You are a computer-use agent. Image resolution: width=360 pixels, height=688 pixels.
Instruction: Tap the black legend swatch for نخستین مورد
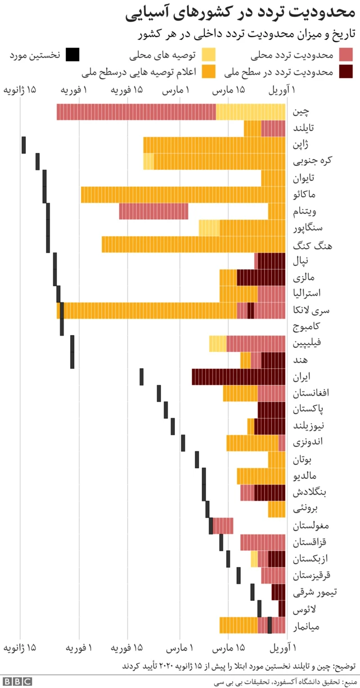73,55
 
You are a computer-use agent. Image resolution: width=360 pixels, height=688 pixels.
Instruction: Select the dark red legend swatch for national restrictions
345,71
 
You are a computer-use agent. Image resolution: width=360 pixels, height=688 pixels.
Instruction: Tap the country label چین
300,112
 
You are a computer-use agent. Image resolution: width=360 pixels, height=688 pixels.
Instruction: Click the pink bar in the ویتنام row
154,211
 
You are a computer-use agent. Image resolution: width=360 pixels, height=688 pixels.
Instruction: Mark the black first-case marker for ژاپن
24,144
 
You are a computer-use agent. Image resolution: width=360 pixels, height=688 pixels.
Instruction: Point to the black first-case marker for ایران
142,376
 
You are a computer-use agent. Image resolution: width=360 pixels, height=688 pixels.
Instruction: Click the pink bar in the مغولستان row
223,526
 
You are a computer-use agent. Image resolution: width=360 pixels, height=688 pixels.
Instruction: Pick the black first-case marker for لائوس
259,609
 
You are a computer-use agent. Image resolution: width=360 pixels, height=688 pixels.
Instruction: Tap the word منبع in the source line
348,682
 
